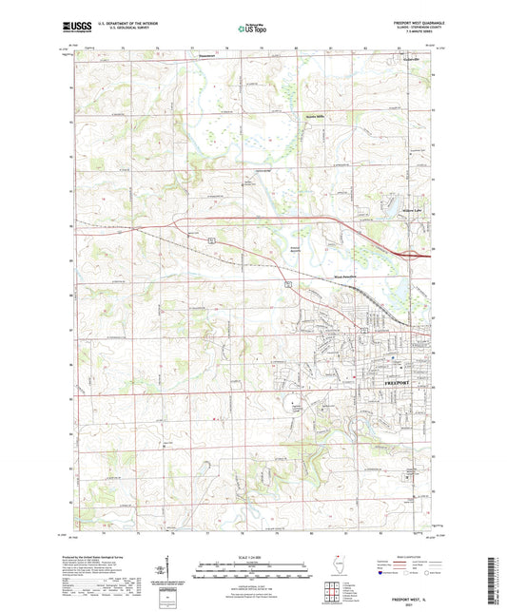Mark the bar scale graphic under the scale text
[253, 570]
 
